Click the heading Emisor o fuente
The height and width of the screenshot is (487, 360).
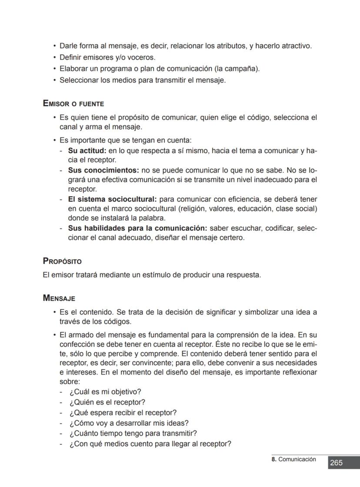[x=73, y=104]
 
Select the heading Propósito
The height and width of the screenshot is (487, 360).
[x=62, y=261]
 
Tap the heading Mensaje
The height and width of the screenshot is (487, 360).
[x=59, y=298]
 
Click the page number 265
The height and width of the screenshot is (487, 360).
[x=336, y=463]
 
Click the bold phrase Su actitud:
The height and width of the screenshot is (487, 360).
[x=87, y=151]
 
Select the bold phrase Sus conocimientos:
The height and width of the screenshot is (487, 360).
[x=103, y=170]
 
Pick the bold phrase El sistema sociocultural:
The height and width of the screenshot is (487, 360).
[x=112, y=199]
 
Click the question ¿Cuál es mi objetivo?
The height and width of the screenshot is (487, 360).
[x=105, y=392]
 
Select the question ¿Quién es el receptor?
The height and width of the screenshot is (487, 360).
[x=107, y=402]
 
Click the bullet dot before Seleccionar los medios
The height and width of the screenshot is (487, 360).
[x=55, y=81]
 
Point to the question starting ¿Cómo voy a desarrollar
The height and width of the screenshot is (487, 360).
[x=129, y=423]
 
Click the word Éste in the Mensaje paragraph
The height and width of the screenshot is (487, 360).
[x=223, y=344]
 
